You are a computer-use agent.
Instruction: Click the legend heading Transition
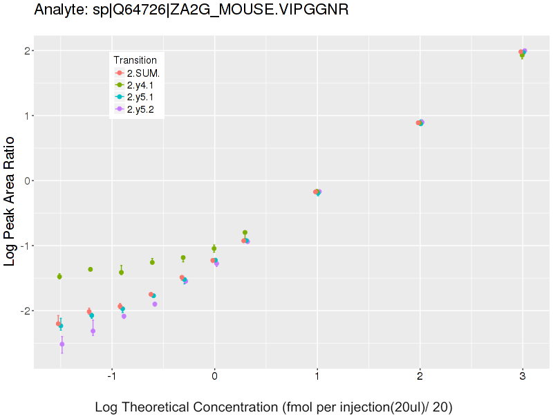135,60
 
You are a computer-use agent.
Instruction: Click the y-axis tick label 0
28,181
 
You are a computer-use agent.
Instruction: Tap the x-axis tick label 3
523,377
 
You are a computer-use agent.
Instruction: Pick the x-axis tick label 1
317,377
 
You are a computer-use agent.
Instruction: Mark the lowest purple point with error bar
62,344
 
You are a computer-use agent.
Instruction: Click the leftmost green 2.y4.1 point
59,277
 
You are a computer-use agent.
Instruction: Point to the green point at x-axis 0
214,248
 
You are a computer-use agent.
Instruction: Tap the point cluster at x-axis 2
420,122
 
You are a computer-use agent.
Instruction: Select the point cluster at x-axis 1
317,192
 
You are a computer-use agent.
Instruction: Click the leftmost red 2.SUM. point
58,324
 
